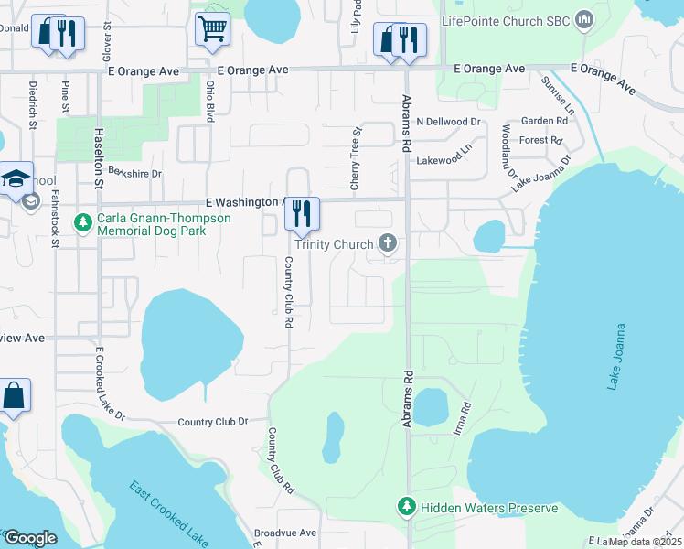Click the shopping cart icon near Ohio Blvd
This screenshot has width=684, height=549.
(x=212, y=28)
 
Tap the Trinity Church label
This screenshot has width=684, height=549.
(x=334, y=244)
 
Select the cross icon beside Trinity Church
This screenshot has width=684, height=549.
(x=388, y=243)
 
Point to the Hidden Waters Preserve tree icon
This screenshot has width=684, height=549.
(x=407, y=506)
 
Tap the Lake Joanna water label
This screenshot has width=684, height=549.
(x=619, y=357)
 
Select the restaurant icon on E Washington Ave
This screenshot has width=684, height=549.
(x=301, y=214)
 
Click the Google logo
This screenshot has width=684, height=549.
(x=30, y=537)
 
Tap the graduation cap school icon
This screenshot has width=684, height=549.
(x=16, y=178)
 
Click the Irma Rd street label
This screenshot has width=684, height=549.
(x=464, y=418)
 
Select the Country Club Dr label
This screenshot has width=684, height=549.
(x=213, y=422)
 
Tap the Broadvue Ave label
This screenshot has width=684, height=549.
(x=284, y=533)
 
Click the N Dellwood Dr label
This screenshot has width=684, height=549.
(x=448, y=122)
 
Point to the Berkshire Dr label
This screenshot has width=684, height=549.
(x=134, y=172)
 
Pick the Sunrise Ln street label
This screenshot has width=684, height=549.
(x=557, y=96)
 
